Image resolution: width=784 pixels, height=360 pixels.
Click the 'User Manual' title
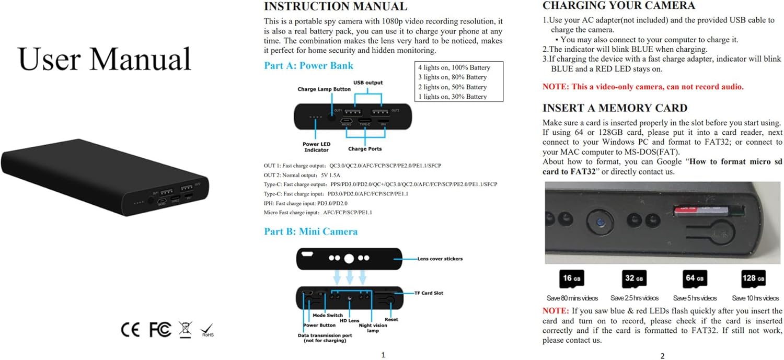click(x=105, y=59)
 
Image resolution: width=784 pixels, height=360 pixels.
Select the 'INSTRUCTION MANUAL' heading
click(x=335, y=7)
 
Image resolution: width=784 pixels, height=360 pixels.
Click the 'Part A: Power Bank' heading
click(x=308, y=66)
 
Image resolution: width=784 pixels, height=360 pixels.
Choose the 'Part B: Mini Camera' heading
click(x=310, y=231)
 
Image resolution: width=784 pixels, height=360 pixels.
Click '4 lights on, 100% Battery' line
click(x=454, y=67)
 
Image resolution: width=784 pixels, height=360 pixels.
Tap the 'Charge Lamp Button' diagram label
click(x=324, y=89)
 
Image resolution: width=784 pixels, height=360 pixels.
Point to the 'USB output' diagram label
click(x=368, y=83)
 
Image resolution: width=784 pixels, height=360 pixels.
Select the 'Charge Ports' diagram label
click(x=365, y=149)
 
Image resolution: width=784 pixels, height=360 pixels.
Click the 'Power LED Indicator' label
click(x=316, y=147)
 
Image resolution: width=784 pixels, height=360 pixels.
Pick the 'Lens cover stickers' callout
click(x=440, y=259)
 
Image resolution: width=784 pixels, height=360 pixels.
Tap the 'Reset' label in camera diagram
click(x=391, y=319)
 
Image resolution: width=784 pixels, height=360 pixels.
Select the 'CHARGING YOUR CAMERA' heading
click(x=618, y=6)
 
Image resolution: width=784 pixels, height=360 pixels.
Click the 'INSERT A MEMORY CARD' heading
click(x=615, y=108)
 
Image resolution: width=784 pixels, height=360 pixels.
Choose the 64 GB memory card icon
click(x=695, y=279)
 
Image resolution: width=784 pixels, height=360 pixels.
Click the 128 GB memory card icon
click(x=753, y=279)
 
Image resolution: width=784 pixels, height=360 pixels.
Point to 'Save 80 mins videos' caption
click(x=572, y=298)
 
